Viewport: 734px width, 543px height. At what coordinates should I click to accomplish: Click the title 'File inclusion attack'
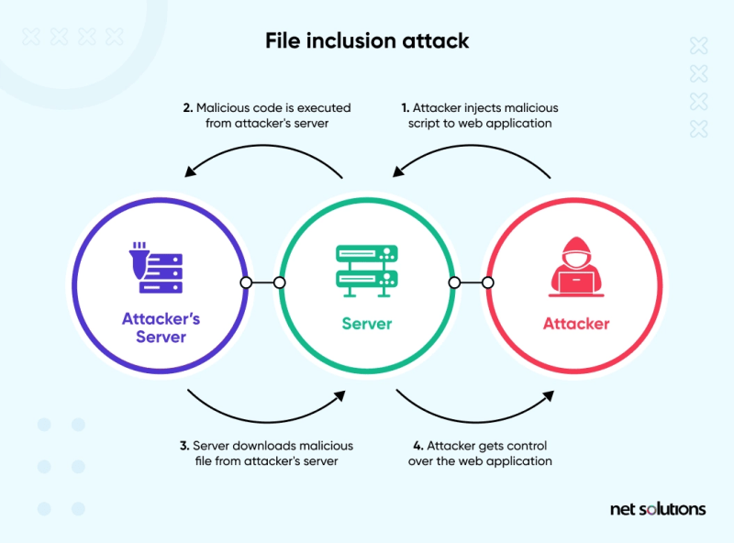click(x=367, y=41)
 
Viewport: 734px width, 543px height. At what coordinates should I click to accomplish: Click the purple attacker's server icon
click(x=154, y=267)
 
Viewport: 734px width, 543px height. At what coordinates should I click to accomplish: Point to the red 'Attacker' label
click(x=576, y=324)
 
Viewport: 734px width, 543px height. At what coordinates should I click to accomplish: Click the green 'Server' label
click(x=367, y=324)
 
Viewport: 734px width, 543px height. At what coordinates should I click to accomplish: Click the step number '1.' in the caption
click(x=405, y=108)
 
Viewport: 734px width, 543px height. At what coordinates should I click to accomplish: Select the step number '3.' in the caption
click(x=185, y=446)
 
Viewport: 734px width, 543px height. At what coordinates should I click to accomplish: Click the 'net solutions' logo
click(x=658, y=508)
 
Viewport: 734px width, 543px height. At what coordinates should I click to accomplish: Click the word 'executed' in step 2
click(x=326, y=108)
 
